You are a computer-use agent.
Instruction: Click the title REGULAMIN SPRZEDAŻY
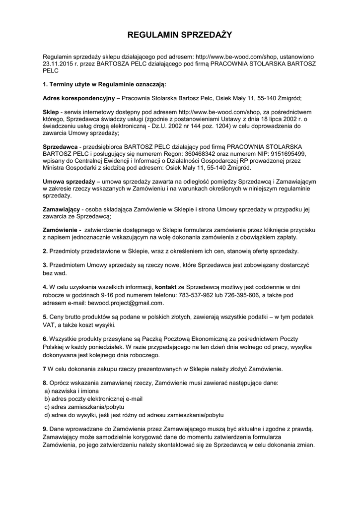[x=180, y=35]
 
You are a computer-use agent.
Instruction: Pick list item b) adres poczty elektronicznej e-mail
[x=93, y=398]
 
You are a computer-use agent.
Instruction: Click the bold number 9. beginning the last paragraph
[x=45, y=429]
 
